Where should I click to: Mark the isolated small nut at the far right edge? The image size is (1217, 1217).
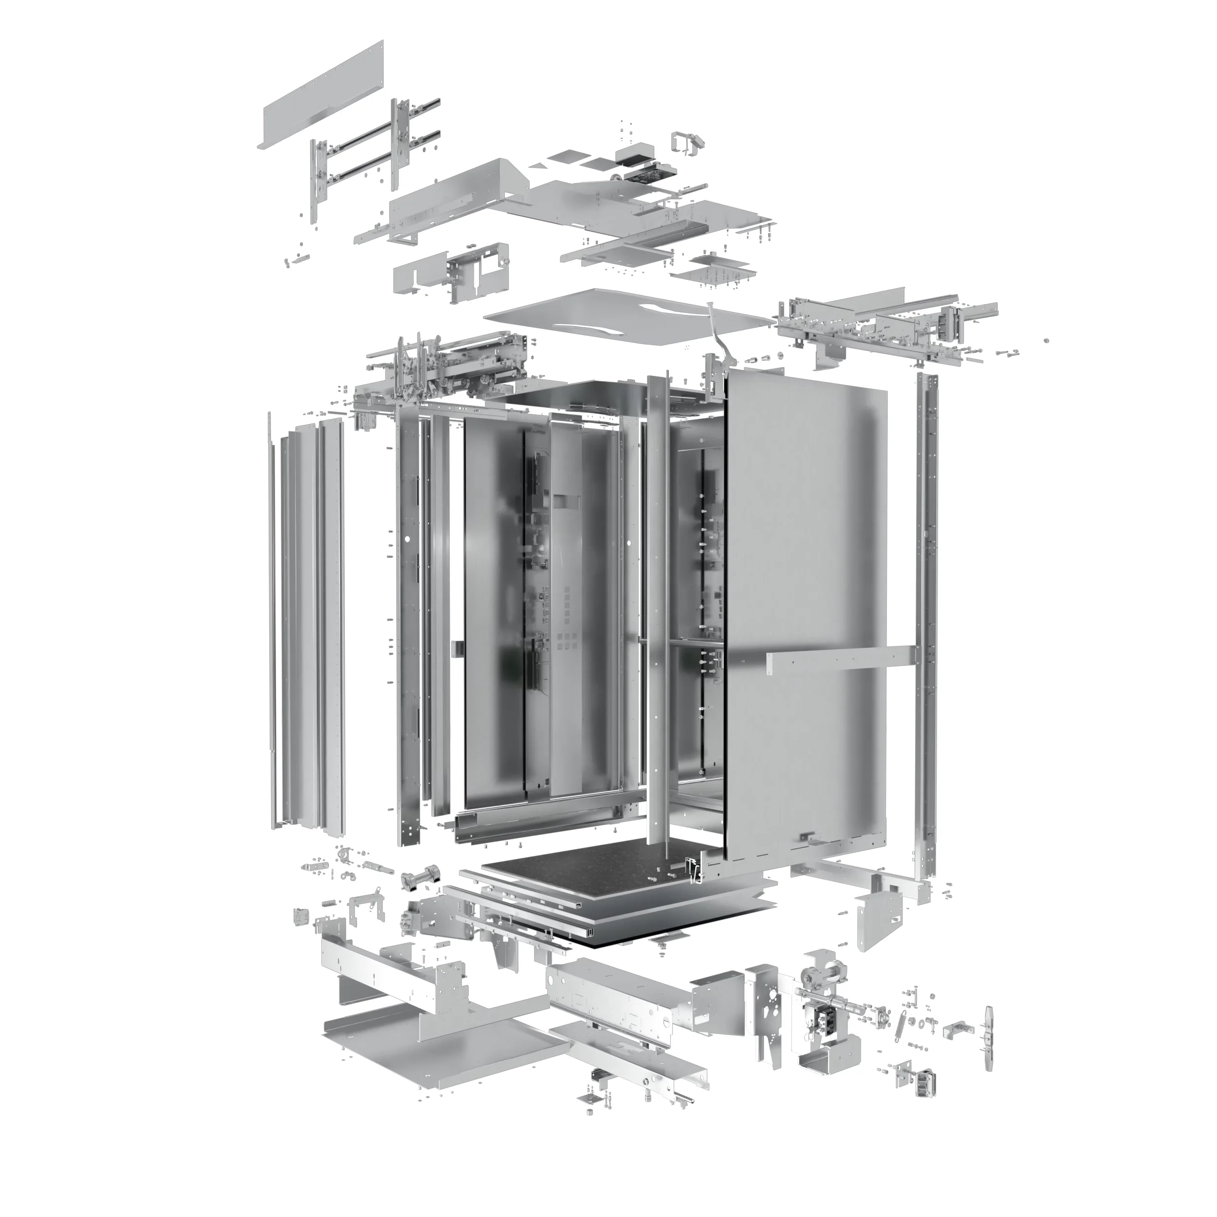[x=1047, y=341]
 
